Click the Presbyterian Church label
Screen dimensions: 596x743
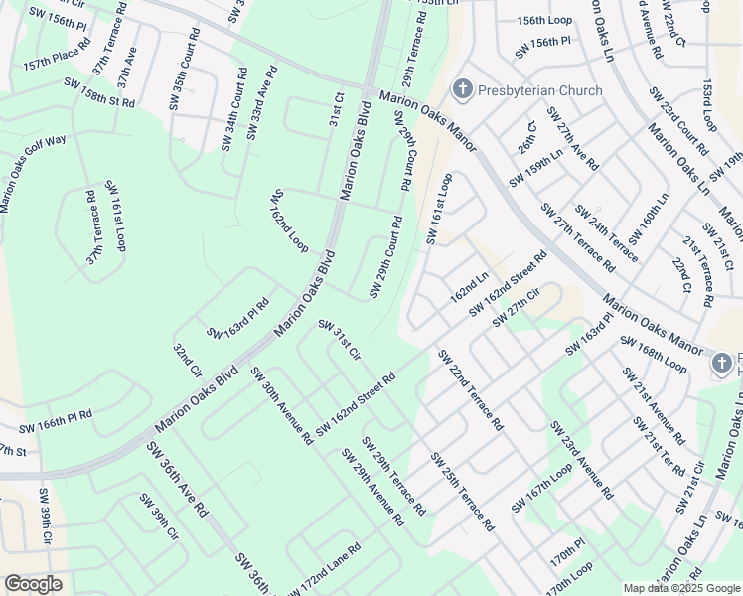point(539,91)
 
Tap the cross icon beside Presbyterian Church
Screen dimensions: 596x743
point(462,91)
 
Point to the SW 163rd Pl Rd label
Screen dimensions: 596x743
point(237,318)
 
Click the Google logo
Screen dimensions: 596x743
point(33,584)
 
